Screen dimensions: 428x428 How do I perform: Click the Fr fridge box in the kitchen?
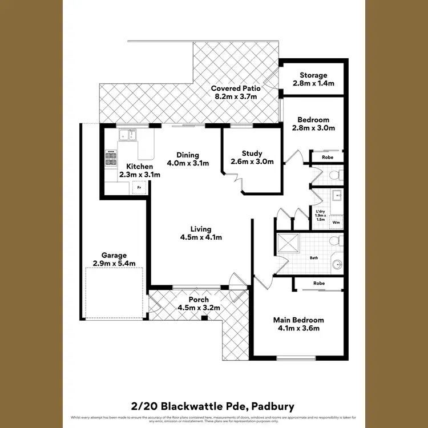(x=137, y=187)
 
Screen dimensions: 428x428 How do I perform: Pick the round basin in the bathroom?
(x=338, y=264)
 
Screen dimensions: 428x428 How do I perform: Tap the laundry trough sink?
(x=337, y=196)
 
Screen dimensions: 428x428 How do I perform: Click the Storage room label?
(x=314, y=75)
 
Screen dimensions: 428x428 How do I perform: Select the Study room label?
(x=252, y=154)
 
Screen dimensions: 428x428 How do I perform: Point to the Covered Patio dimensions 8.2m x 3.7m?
(x=236, y=97)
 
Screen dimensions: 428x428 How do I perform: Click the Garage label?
(x=114, y=256)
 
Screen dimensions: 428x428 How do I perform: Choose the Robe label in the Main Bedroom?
(x=320, y=284)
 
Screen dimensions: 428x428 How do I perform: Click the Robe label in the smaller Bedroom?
(x=328, y=156)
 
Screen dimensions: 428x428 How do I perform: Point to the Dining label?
(x=188, y=155)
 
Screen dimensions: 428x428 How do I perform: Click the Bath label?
(x=314, y=258)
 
